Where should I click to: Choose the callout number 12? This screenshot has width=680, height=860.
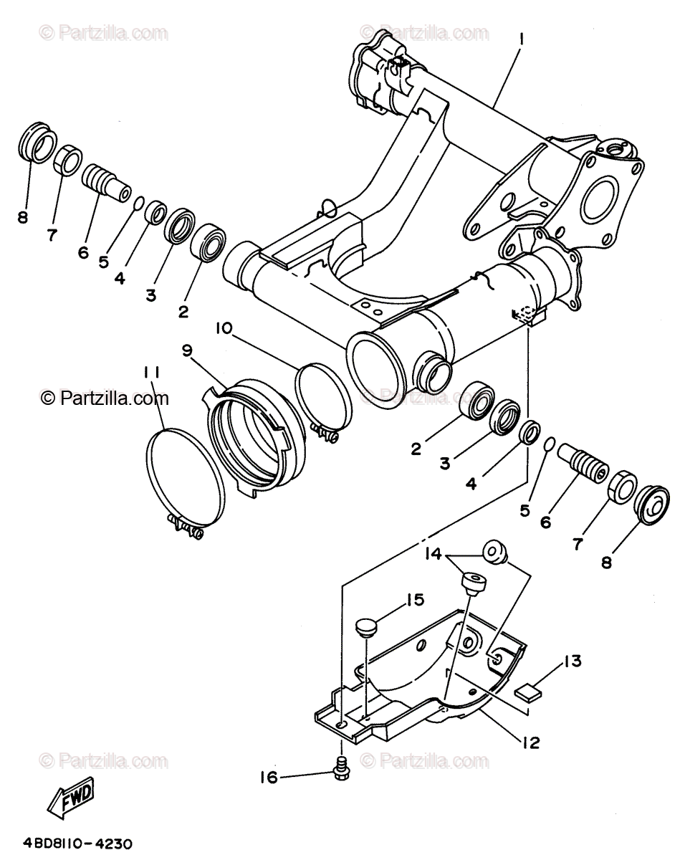(x=530, y=742)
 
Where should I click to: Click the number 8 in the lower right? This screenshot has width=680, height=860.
(x=607, y=562)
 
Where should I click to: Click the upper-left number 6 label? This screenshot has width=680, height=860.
(x=84, y=252)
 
